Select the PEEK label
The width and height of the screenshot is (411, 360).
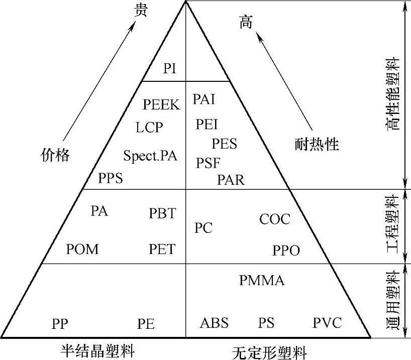(161, 104)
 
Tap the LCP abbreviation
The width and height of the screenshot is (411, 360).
(149, 127)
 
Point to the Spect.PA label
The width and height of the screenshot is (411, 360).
(150, 156)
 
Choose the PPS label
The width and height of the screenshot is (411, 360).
(111, 178)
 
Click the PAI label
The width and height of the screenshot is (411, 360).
(203, 99)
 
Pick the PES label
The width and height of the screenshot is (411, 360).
(224, 144)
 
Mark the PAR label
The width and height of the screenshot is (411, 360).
(231, 179)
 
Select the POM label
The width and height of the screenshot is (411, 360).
(82, 249)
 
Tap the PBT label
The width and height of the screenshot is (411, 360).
(162, 213)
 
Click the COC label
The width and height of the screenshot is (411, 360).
(275, 219)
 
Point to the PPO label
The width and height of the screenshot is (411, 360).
(286, 250)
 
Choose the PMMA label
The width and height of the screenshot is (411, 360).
(262, 280)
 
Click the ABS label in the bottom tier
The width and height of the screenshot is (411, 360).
(214, 322)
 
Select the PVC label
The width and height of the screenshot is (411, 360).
(327, 322)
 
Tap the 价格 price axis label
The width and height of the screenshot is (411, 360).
(55, 156)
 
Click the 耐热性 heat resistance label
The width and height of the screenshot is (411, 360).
(317, 145)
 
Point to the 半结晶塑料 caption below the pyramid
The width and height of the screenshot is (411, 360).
(98, 350)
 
